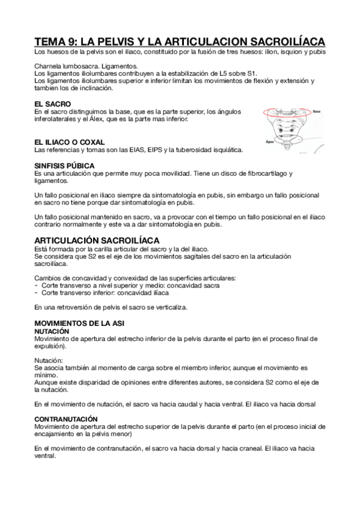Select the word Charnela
tap(49, 66)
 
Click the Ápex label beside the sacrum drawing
tap(270, 142)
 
